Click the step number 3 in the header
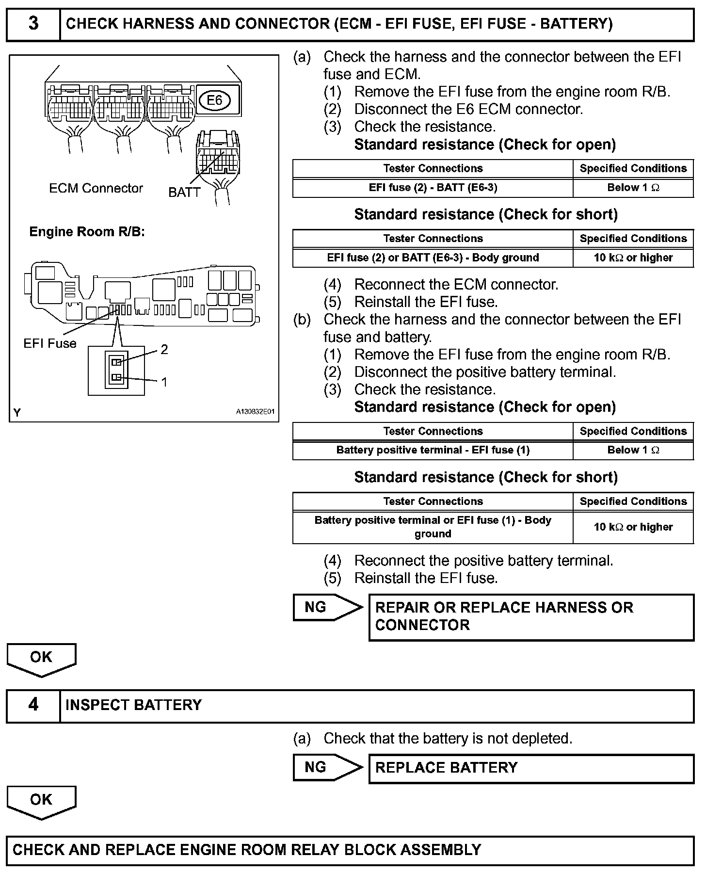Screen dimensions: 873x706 click(x=33, y=24)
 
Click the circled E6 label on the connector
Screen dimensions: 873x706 click(x=214, y=100)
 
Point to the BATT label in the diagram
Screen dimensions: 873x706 click(x=184, y=193)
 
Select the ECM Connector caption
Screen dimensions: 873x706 click(x=96, y=188)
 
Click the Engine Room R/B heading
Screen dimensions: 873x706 click(x=87, y=232)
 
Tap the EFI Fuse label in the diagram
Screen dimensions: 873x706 click(x=50, y=343)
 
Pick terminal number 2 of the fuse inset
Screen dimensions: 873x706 click(x=164, y=349)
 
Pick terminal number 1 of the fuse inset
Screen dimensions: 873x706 click(x=164, y=382)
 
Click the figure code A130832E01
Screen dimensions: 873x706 click(x=255, y=412)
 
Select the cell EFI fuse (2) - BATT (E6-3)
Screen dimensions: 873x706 click(x=433, y=188)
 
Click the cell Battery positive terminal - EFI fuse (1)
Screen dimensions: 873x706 click(x=433, y=450)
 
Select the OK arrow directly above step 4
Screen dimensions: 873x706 click(x=41, y=658)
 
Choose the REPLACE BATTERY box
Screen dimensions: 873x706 click(x=531, y=768)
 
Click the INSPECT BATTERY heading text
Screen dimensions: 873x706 click(x=133, y=705)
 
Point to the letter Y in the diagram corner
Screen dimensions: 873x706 click(x=17, y=413)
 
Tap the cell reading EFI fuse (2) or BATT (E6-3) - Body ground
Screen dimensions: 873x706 click(x=433, y=258)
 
